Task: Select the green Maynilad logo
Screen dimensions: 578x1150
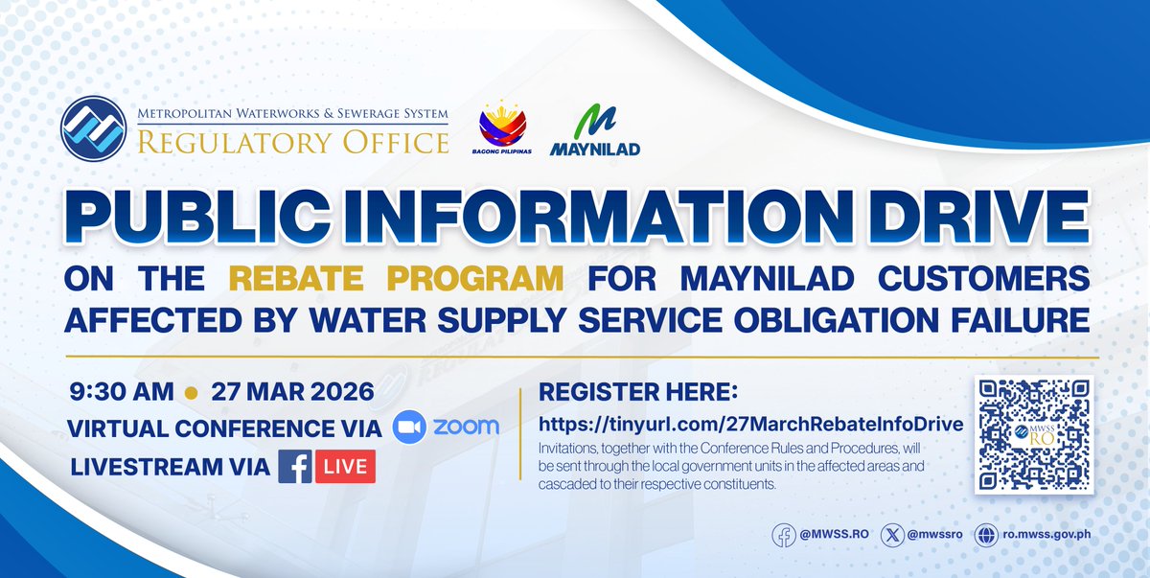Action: pos(595,130)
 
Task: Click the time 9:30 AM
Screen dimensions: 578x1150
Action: pos(122,392)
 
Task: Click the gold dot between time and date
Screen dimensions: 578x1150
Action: pos(190,393)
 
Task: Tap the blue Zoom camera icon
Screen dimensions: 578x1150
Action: pos(409,428)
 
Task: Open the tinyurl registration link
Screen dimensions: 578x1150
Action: pos(750,424)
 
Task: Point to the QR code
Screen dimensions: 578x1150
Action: pos(1033,434)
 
